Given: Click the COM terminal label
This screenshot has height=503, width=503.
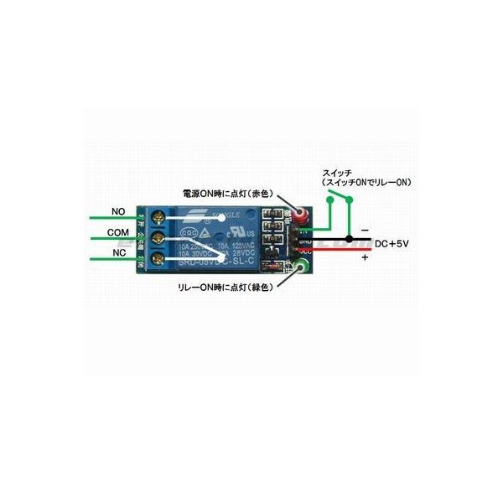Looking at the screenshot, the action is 117,231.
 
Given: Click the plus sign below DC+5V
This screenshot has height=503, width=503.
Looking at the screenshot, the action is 365,258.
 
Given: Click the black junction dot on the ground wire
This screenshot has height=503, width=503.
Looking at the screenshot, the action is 348,240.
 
